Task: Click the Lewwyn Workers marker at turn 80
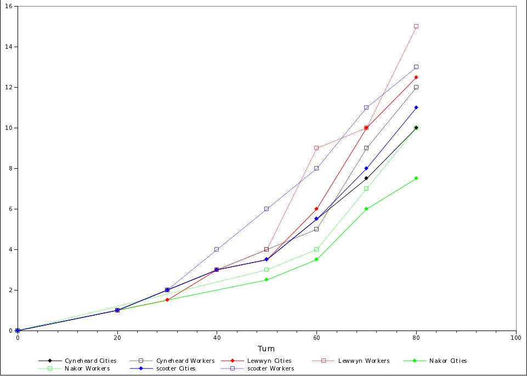pyautogui.click(x=416, y=26)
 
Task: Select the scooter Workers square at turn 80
pyautogui.click(x=416, y=67)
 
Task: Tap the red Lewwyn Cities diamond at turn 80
pyautogui.click(x=416, y=77)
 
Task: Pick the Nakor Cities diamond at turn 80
pyautogui.click(x=416, y=178)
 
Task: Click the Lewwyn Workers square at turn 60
pyautogui.click(x=316, y=148)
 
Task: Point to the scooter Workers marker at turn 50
pyautogui.click(x=267, y=209)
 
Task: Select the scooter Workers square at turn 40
pyautogui.click(x=217, y=249)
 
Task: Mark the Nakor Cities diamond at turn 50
pyautogui.click(x=267, y=280)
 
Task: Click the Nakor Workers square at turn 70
pyautogui.click(x=366, y=189)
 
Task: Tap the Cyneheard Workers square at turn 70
pyautogui.click(x=366, y=148)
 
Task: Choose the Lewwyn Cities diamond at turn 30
pyautogui.click(x=167, y=300)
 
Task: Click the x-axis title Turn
pyautogui.click(x=267, y=349)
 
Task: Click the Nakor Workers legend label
pyautogui.click(x=87, y=369)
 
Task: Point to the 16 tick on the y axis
pyautogui.click(x=11, y=7)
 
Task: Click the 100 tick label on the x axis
pyautogui.click(x=515, y=338)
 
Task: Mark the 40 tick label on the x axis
pyautogui.click(x=217, y=338)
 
